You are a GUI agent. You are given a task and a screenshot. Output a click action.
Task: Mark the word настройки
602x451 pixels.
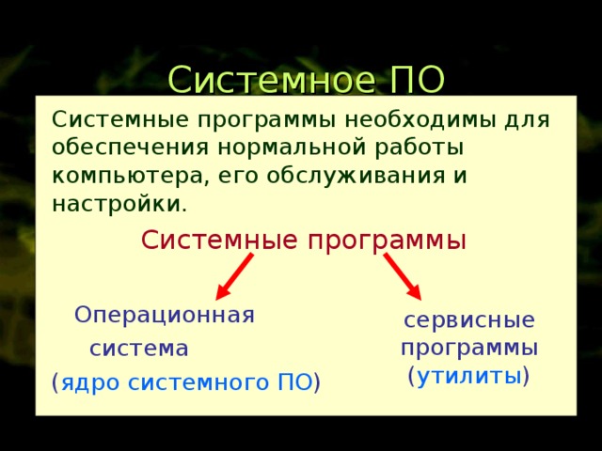[118, 203]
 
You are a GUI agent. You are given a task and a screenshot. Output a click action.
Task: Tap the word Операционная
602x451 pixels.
[165, 314]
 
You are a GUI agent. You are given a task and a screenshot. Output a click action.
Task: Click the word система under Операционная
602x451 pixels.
[139, 349]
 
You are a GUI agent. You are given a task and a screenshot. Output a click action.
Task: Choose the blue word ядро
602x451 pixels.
[91, 382]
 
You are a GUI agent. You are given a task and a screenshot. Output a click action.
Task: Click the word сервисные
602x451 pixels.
[469, 319]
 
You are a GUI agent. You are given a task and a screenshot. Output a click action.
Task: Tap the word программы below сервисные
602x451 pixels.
[469, 348]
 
